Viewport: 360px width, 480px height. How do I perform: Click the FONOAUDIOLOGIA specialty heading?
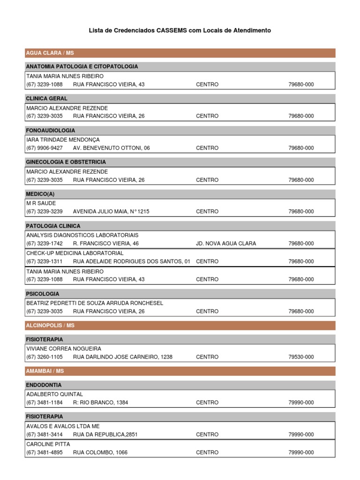(51, 130)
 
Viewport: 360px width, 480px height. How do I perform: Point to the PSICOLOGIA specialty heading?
(43, 294)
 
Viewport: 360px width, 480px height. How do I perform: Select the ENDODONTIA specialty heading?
(44, 385)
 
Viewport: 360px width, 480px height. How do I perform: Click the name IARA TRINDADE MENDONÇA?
(63, 140)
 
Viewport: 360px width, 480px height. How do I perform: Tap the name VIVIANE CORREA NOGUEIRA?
(64, 349)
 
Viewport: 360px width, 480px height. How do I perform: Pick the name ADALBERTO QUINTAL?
(54, 394)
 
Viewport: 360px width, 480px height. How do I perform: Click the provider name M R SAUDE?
(41, 203)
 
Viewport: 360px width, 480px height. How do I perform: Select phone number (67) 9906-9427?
(45, 148)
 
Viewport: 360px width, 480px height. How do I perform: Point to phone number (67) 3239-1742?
(45, 244)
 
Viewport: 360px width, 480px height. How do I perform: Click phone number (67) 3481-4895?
(45, 453)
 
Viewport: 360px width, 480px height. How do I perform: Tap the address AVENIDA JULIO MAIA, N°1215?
(111, 212)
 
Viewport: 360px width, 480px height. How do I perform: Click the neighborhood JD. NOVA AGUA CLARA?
(226, 244)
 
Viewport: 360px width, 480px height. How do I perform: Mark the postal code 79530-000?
(301, 357)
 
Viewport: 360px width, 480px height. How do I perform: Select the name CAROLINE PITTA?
(48, 443)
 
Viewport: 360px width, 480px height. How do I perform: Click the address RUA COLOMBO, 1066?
(100, 453)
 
